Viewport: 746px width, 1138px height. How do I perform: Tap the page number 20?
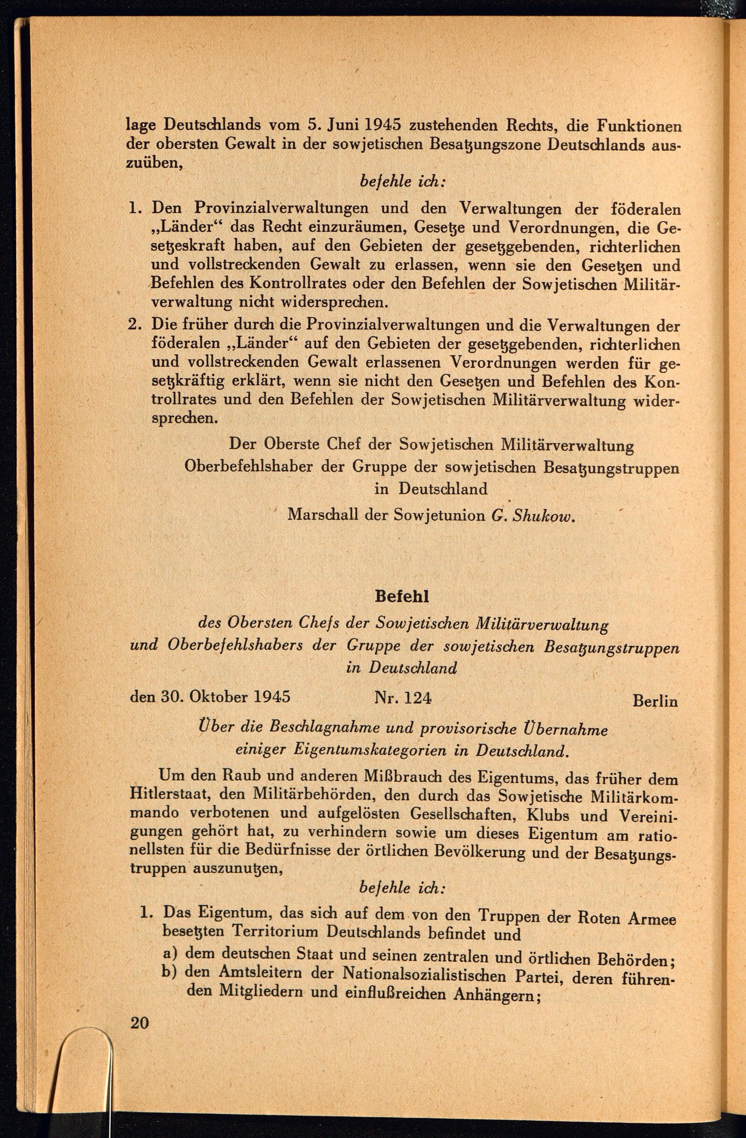[139, 1023]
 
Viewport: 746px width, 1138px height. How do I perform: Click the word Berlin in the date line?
[655, 701]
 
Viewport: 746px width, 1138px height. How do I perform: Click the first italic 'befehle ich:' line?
[402, 182]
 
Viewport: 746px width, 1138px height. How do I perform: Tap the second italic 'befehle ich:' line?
[402, 887]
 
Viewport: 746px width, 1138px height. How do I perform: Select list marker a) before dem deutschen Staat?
[170, 953]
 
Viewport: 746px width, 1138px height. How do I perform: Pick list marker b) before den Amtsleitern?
[170, 972]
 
